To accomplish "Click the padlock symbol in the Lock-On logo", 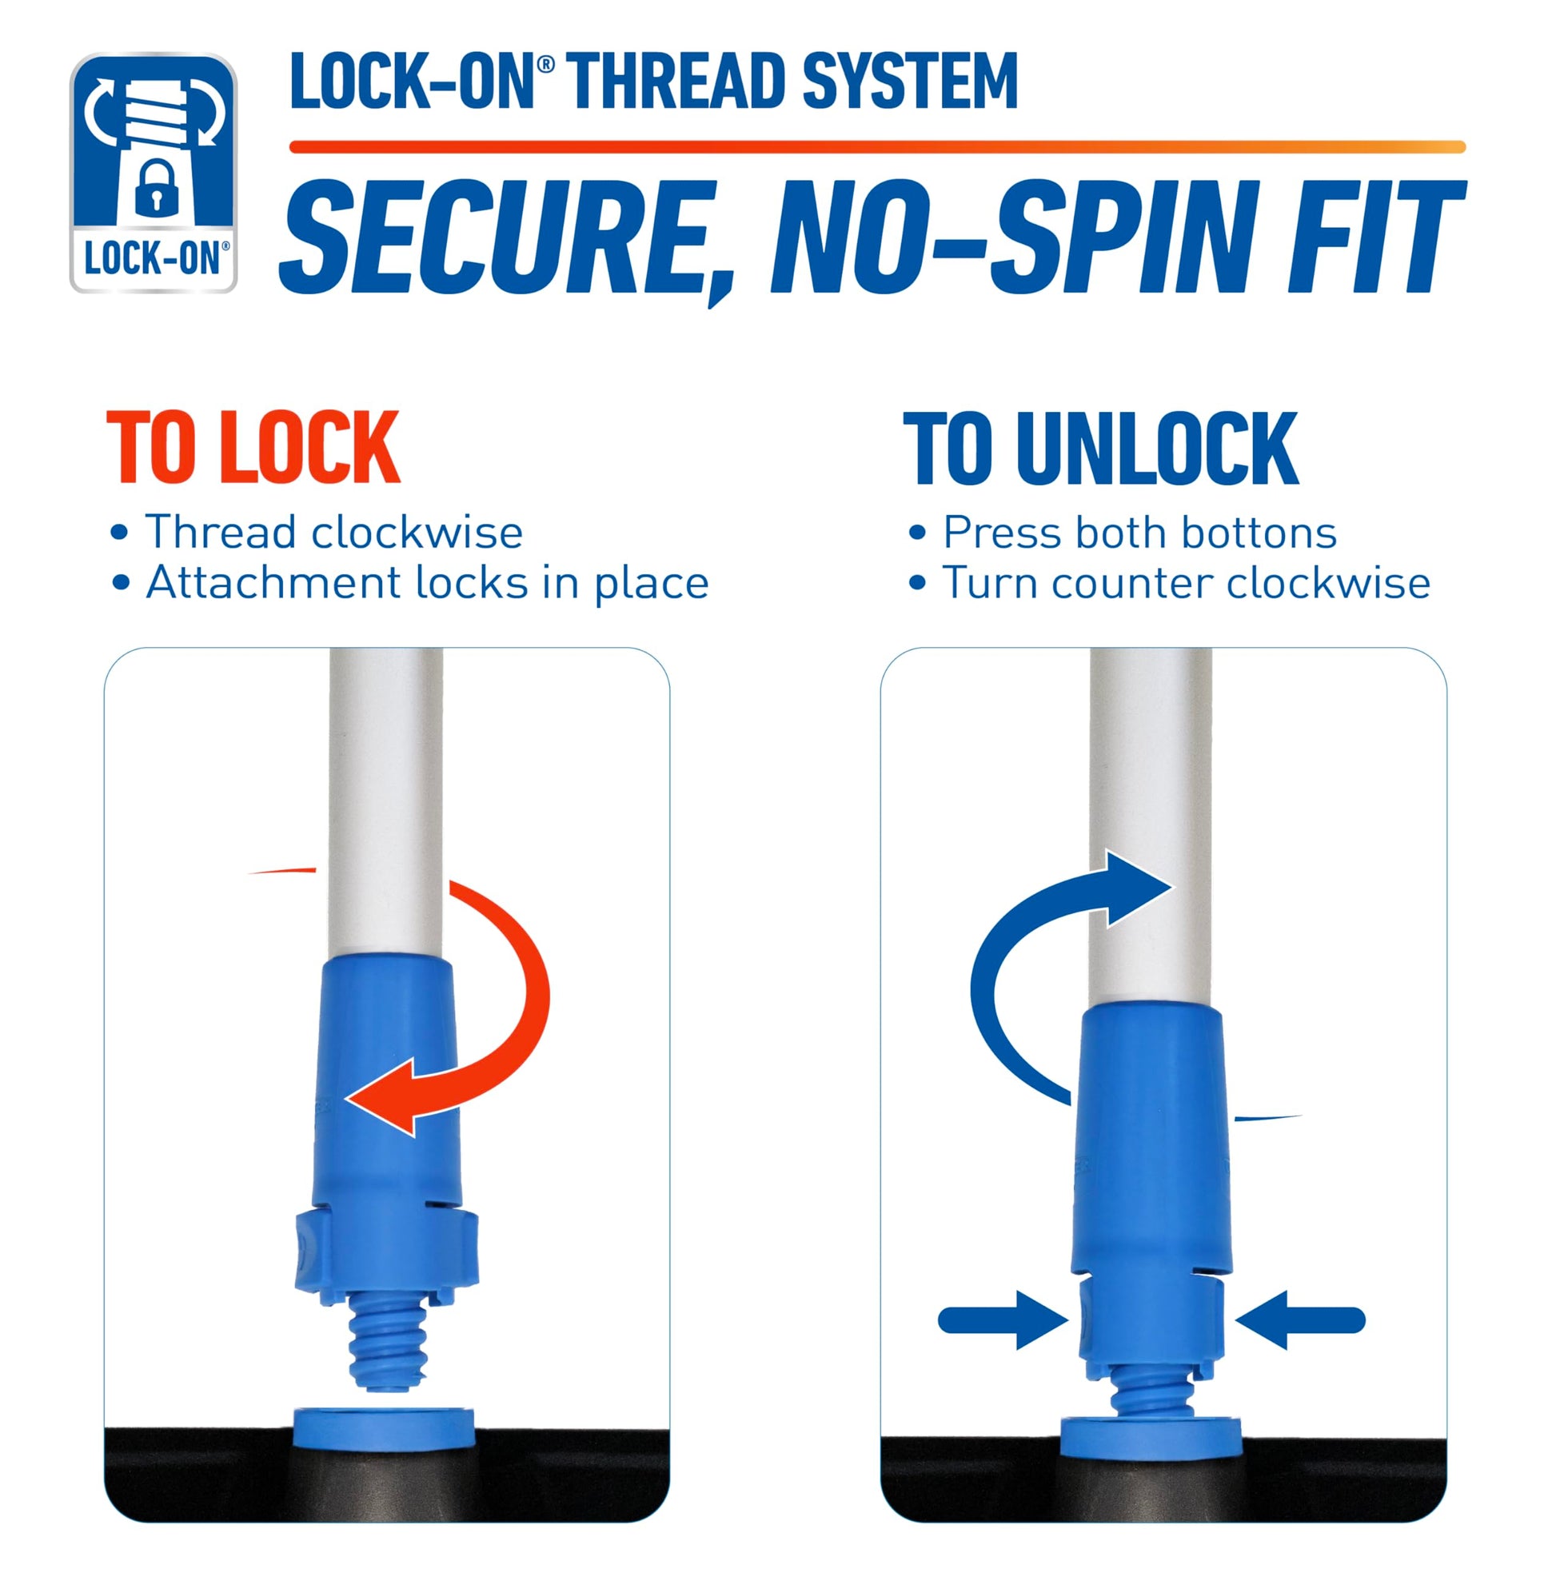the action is pyautogui.click(x=154, y=188).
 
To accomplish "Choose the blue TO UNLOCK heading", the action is pyautogui.click(x=1101, y=449).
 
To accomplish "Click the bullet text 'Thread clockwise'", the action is pyautogui.click(x=333, y=533).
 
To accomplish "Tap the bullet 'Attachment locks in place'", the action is pyautogui.click(x=427, y=583).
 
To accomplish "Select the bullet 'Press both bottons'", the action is pyautogui.click(x=1139, y=533).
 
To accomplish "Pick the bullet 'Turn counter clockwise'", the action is pyautogui.click(x=1186, y=583).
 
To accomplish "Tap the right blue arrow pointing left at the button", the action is pyautogui.click(x=1300, y=1320).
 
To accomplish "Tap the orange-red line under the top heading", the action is pyautogui.click(x=877, y=147).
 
